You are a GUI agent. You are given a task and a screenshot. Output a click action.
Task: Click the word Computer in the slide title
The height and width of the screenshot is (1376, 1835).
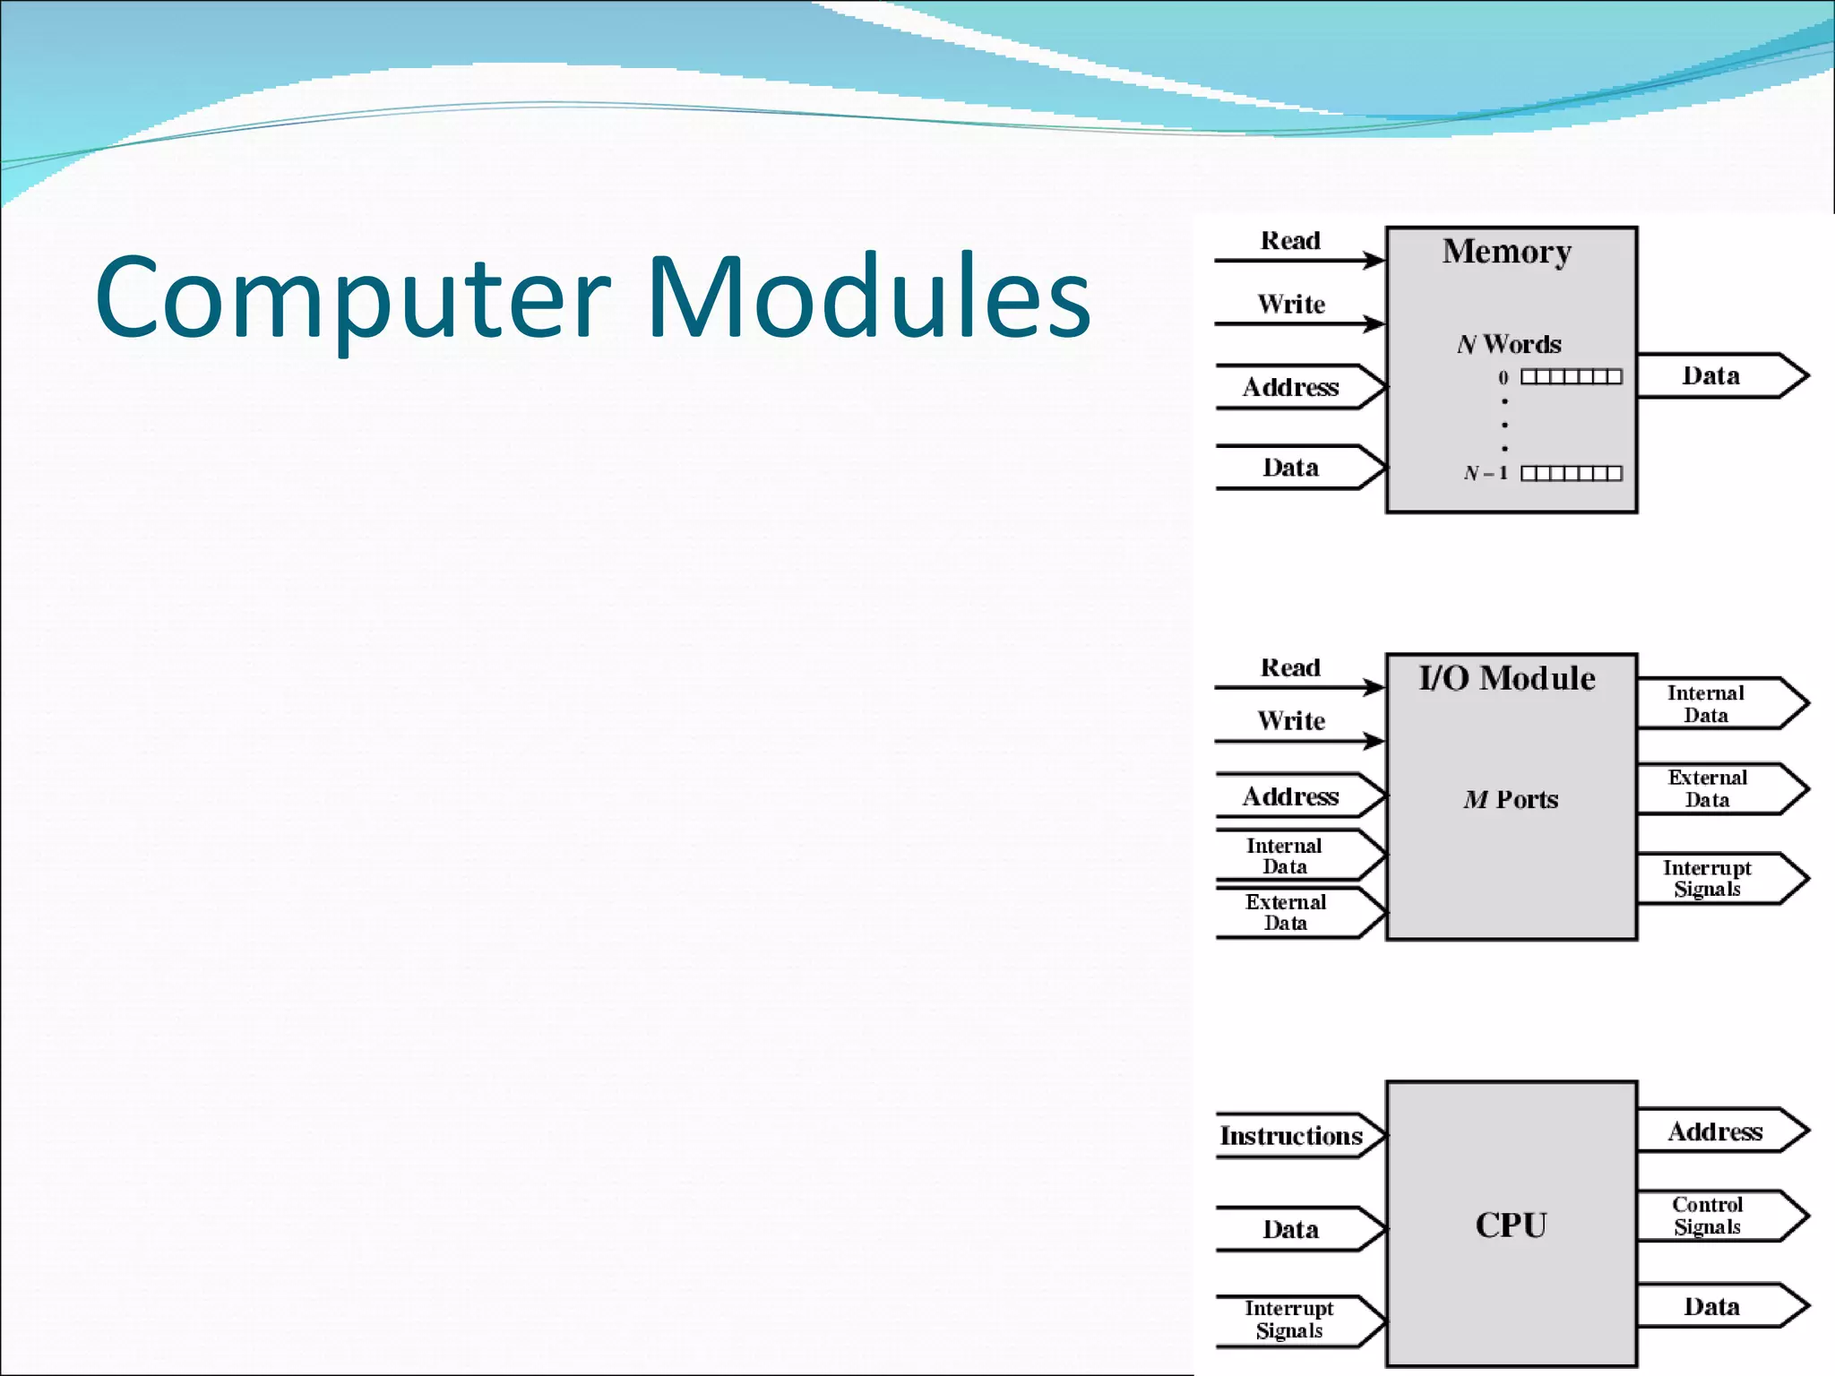[x=352, y=297]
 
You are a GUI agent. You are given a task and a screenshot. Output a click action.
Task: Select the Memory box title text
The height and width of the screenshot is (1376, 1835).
[x=1507, y=252]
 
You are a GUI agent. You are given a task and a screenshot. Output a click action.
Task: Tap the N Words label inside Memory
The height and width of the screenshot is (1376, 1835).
[x=1509, y=344]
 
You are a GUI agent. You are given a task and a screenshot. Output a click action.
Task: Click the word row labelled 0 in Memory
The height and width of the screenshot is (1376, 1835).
[x=1571, y=377]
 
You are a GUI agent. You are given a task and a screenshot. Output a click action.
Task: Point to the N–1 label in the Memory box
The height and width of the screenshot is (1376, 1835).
[x=1486, y=473]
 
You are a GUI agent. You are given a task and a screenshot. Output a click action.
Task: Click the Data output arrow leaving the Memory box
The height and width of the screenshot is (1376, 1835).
[x=1720, y=375]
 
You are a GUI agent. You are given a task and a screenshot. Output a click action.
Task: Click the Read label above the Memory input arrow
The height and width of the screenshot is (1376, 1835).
[x=1290, y=240]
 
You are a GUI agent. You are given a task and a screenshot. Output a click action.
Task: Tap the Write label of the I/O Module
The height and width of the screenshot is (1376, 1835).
[x=1290, y=720]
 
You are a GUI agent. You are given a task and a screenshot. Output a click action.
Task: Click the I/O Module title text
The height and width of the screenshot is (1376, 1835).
[x=1507, y=678]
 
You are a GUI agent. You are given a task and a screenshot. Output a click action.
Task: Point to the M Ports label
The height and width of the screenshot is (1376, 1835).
[x=1511, y=799]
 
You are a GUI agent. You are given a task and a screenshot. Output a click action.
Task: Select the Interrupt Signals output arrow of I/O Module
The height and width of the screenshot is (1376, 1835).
[x=1720, y=879]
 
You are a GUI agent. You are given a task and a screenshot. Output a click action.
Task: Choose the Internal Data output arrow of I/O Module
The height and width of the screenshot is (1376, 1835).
[x=1720, y=703]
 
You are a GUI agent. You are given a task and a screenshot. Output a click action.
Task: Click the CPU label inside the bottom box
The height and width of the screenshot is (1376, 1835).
[x=1511, y=1225]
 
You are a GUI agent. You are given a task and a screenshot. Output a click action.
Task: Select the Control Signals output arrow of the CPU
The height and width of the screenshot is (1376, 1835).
[x=1720, y=1216]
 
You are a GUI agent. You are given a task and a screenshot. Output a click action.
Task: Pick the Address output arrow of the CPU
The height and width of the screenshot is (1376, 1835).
[x=1720, y=1131]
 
